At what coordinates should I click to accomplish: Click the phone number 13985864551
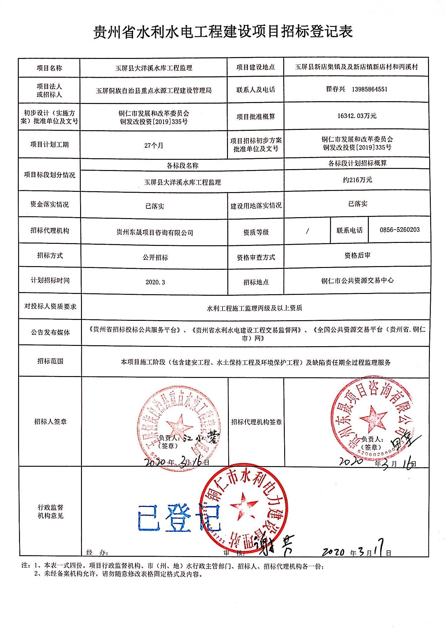369,89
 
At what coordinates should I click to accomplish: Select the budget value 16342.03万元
357,116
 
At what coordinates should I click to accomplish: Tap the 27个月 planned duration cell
154,145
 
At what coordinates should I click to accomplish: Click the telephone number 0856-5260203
400,230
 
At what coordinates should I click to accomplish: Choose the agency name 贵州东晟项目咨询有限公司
154,232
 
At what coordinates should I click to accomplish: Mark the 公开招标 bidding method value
155,258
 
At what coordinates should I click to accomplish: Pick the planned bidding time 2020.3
155,282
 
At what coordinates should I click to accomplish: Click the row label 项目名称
49,68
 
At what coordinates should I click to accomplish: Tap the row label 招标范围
50,361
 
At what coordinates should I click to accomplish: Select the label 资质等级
256,232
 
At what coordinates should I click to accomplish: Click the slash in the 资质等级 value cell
307,231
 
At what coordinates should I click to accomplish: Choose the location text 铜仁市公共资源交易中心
357,281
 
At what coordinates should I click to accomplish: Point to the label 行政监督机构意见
50,511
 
